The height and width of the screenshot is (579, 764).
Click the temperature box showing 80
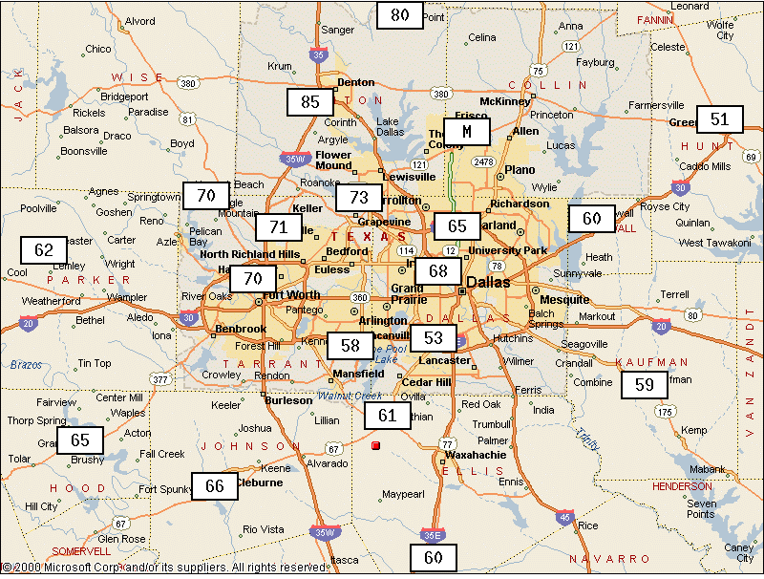point(399,15)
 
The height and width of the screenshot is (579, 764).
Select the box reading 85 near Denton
point(310,102)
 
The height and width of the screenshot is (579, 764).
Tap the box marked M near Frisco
point(466,131)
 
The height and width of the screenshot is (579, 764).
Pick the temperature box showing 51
point(719,118)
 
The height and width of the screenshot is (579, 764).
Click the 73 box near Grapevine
point(359,198)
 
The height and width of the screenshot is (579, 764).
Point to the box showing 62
point(44,250)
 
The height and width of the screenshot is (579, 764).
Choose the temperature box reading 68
point(438,270)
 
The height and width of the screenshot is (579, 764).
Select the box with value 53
point(434,337)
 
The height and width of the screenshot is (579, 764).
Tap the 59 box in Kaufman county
point(645,385)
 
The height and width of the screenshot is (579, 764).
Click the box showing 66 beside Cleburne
point(215,486)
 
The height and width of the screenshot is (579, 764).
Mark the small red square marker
point(375,445)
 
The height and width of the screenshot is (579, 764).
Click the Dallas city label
point(488,283)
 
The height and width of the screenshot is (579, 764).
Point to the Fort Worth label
point(291,294)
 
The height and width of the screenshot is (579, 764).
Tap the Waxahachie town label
point(476,455)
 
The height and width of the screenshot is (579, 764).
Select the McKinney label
point(504,101)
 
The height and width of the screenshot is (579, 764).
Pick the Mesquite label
point(565,299)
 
